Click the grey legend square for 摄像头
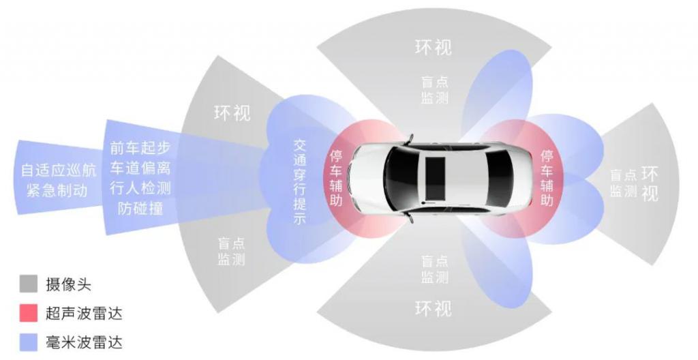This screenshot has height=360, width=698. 28,284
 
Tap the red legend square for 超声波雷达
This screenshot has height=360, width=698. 28,313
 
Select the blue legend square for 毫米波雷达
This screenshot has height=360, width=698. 28,342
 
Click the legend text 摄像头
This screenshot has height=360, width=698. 69,284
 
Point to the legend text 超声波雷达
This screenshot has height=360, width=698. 84,313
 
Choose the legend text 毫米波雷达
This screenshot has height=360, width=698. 84,342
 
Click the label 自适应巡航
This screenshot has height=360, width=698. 59,170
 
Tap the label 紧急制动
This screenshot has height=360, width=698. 57,191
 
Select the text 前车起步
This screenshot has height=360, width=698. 140,149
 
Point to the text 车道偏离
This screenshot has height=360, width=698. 140,168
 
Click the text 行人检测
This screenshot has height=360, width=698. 140,188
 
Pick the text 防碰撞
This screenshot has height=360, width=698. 140,209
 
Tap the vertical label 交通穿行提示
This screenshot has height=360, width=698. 300,182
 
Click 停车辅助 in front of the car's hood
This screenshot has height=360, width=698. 336,178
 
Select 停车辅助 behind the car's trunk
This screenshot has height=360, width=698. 547,178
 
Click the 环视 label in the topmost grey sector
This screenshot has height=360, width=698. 433,47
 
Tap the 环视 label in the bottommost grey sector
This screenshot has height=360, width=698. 433,308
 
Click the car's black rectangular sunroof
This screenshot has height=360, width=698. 435,179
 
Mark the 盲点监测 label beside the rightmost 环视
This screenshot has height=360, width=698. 623,183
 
